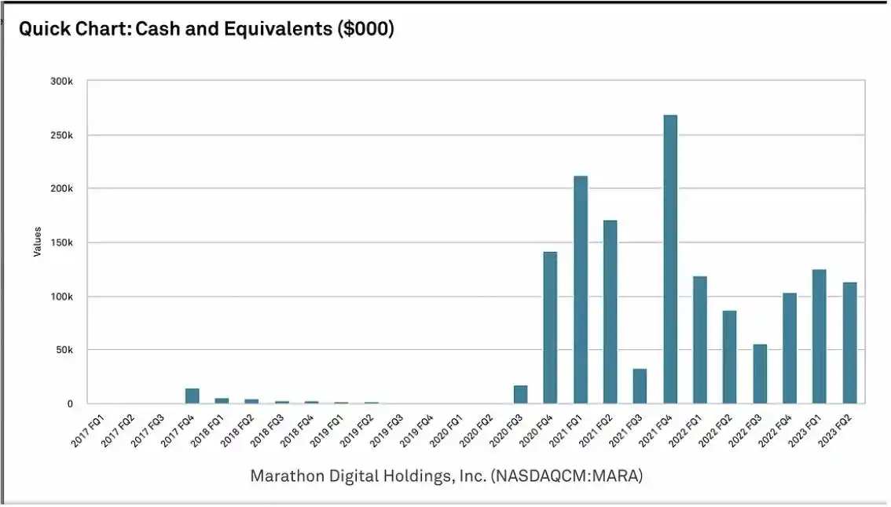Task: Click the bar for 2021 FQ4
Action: click(x=670, y=259)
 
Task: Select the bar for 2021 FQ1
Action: click(x=581, y=290)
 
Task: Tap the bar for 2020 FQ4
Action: click(x=550, y=327)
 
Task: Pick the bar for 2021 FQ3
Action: click(x=640, y=386)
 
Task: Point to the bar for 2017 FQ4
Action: click(x=192, y=396)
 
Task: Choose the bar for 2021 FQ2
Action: click(x=610, y=312)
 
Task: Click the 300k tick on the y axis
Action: click(x=60, y=82)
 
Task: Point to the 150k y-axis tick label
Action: click(x=60, y=243)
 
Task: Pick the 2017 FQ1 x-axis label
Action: click(x=86, y=431)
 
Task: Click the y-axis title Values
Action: click(x=37, y=243)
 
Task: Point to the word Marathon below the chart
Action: click(x=285, y=476)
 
